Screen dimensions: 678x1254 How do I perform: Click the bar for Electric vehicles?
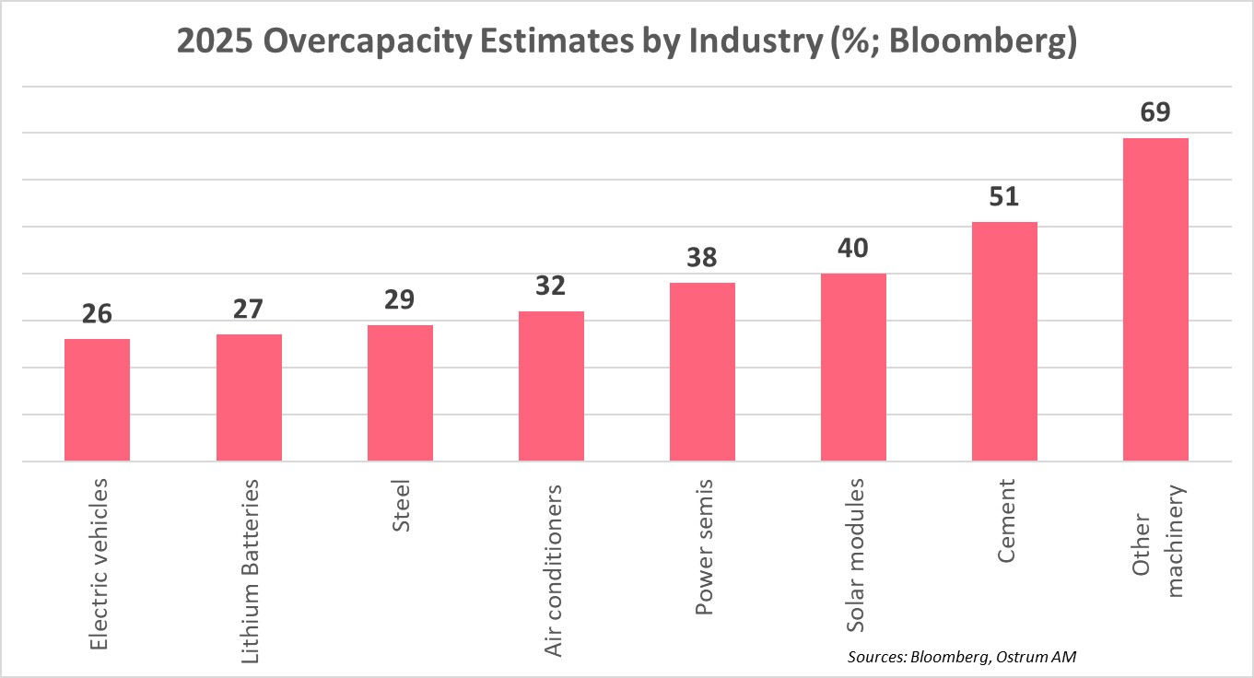pyautogui.click(x=97, y=400)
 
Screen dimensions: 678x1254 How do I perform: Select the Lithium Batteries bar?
pyautogui.click(x=249, y=397)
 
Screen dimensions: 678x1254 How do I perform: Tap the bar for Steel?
pyautogui.click(x=400, y=392)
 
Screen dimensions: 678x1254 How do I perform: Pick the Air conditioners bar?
pyautogui.click(x=551, y=386)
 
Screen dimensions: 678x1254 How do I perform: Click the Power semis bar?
pyautogui.click(x=702, y=371)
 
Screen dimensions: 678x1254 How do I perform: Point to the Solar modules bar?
pyautogui.click(x=853, y=367)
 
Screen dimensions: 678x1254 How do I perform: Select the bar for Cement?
pyautogui.click(x=1004, y=341)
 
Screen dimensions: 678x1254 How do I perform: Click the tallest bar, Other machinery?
pyautogui.click(x=1155, y=299)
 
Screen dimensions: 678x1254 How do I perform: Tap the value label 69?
pyautogui.click(x=1155, y=112)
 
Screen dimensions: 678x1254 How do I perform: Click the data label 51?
pyautogui.click(x=1004, y=197)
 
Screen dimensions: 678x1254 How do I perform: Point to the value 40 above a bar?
pyautogui.click(x=853, y=249)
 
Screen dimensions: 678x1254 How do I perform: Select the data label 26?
pyautogui.click(x=97, y=314)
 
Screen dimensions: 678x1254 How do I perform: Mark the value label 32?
pyautogui.click(x=551, y=286)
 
